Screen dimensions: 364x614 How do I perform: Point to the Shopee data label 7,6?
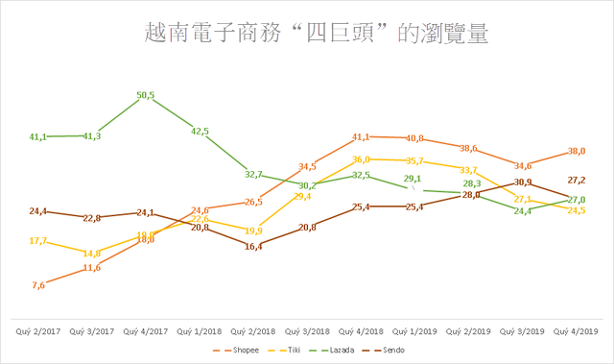37,285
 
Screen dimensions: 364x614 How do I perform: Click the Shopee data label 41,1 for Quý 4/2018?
361,137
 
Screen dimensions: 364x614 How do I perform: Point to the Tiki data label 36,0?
361,160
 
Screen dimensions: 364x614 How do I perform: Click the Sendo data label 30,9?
523,182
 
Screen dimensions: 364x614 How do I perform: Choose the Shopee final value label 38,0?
576,151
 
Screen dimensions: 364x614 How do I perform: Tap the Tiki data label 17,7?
37,241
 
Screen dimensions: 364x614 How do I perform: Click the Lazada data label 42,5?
200,132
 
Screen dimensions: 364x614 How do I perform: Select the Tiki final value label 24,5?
576,210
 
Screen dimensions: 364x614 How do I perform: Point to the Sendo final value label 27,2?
578,180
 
